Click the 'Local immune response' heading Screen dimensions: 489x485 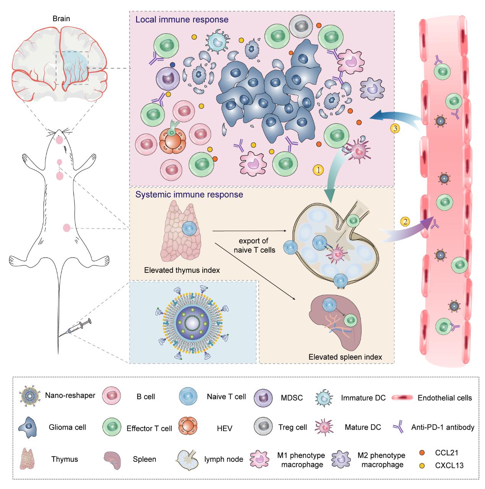(x=182, y=19)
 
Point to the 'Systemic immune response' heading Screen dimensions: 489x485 (x=189, y=194)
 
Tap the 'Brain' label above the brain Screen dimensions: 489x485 (x=61, y=18)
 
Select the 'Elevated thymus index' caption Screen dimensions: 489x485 (x=182, y=270)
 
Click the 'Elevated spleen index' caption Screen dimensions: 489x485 (x=345, y=357)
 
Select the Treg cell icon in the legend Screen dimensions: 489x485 (x=263, y=427)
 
